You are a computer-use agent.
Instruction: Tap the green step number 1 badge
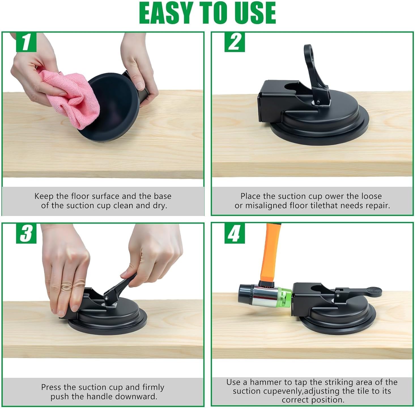pos(26,42)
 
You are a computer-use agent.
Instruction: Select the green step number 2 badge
pos(235,42)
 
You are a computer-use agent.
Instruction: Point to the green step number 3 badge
pos(26,234)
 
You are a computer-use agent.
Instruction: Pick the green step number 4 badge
pos(235,234)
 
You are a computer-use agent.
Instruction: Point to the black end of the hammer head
pos(246,294)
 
